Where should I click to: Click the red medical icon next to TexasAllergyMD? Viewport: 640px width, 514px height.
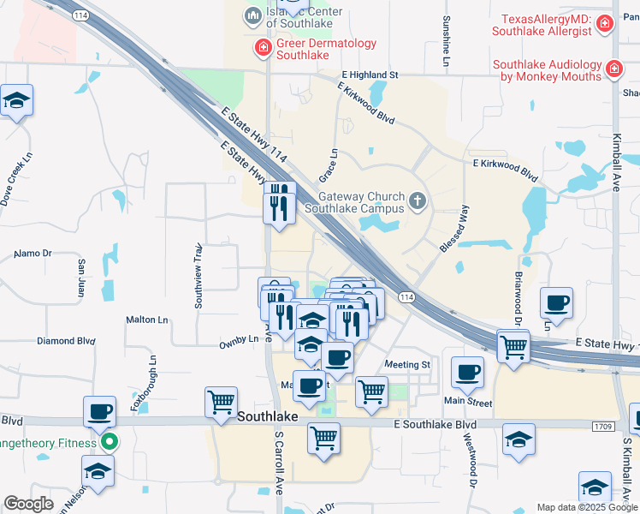[x=605, y=24]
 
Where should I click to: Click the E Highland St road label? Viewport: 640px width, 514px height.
[x=370, y=75]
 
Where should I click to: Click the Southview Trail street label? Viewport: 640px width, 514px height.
[x=198, y=275]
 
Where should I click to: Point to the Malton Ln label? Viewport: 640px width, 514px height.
[x=147, y=320]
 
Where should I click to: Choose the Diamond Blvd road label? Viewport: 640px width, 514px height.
[x=65, y=341]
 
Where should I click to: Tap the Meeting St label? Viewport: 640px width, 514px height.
[x=407, y=365]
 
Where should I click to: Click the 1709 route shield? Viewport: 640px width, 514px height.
[x=602, y=426]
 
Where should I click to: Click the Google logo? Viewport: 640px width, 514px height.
[x=28, y=504]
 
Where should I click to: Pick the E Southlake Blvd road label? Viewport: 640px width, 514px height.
[x=436, y=425]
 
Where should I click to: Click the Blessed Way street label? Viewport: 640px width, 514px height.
[x=453, y=228]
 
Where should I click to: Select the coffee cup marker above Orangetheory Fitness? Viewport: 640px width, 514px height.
[x=100, y=412]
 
